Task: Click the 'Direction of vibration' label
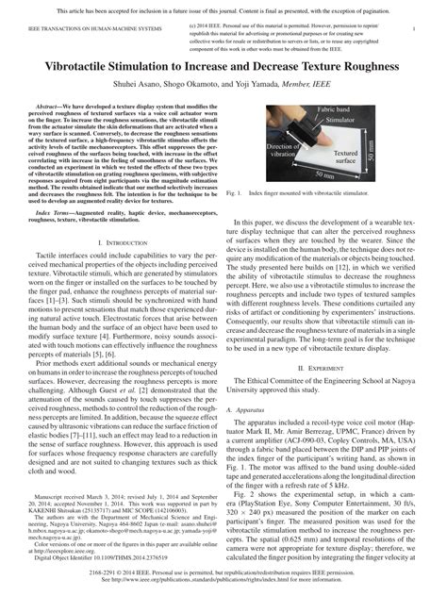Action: pos(258,152)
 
